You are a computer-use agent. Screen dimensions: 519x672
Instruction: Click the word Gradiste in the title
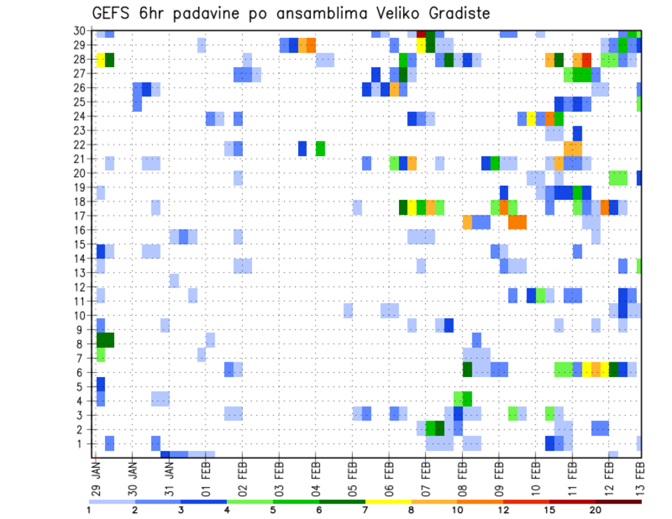click(451, 13)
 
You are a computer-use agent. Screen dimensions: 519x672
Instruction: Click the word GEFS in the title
click(113, 13)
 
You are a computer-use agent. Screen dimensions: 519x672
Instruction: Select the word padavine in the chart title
click(203, 13)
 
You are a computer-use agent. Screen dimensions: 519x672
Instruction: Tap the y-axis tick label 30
click(80, 31)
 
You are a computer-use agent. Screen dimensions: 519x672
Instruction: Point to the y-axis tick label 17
click(80, 215)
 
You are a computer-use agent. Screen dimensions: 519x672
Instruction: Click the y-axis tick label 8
click(83, 343)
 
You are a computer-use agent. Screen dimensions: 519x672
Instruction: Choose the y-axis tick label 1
click(83, 443)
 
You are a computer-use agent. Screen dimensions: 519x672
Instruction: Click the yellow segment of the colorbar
click(388, 502)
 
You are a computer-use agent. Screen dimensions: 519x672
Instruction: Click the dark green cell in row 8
click(105, 340)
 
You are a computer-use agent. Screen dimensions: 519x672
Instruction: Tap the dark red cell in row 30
click(421, 33)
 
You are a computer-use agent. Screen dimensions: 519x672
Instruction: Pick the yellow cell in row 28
click(101, 59)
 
